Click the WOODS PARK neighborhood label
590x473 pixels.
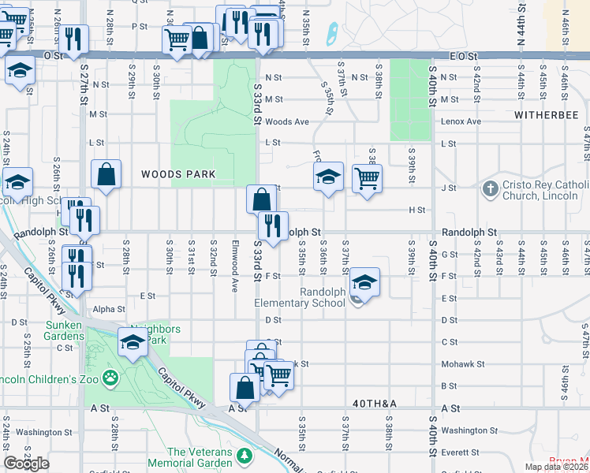178,173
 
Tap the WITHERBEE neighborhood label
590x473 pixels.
546,115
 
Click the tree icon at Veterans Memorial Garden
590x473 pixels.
245,456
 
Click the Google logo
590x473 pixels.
27,464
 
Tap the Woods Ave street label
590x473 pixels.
286,121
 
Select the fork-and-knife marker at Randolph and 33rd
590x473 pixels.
273,225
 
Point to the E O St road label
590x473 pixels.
464,56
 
